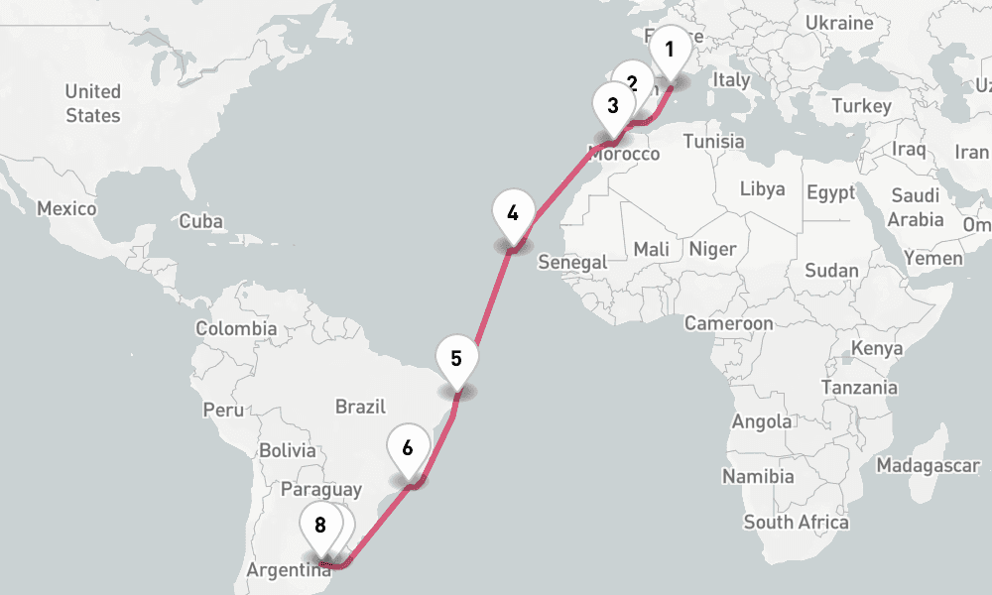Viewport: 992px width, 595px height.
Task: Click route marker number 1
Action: click(670, 50)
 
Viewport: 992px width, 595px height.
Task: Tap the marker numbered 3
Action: click(612, 105)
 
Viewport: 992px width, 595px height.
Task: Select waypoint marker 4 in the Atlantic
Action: click(513, 213)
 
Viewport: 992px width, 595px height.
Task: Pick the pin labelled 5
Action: click(456, 359)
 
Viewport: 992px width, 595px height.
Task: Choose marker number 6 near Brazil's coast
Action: click(408, 447)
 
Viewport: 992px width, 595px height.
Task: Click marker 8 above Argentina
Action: click(319, 526)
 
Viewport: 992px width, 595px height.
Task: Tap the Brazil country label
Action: click(359, 407)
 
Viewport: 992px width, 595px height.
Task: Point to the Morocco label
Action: click(624, 155)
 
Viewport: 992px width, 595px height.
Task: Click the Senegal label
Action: click(571, 263)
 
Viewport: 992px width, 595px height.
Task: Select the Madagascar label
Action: click(928, 465)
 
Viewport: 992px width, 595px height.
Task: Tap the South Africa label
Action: click(797, 523)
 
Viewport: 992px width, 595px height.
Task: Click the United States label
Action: click(93, 103)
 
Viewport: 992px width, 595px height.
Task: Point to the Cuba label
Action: click(201, 222)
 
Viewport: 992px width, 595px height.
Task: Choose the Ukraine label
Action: click(839, 23)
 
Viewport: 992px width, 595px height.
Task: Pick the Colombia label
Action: click(236, 328)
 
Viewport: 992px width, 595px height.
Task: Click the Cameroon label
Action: click(728, 323)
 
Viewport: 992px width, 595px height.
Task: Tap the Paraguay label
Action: click(321, 490)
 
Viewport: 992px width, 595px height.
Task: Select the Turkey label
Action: click(862, 106)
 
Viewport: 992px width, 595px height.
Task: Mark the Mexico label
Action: click(66, 209)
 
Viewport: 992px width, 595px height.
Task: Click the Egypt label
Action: click(831, 192)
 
